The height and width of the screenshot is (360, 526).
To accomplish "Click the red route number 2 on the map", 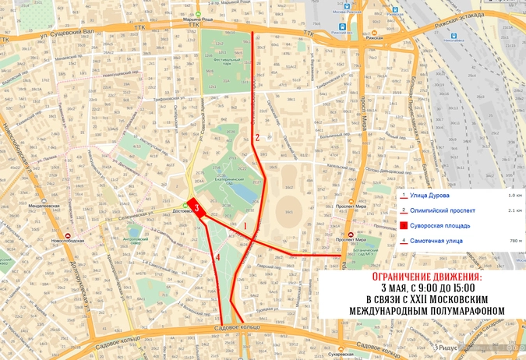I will point(257,138).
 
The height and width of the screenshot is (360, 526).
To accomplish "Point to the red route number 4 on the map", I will point(218,257).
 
